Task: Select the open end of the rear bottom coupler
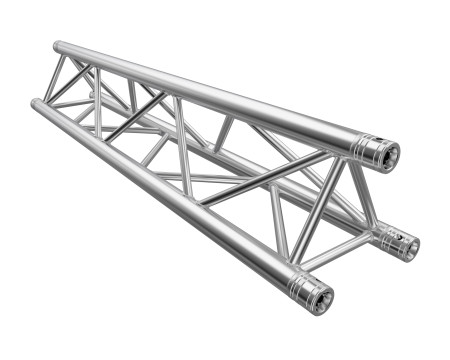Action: click(x=406, y=245)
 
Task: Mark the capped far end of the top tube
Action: click(x=58, y=47)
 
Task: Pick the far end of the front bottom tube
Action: click(x=36, y=104)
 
